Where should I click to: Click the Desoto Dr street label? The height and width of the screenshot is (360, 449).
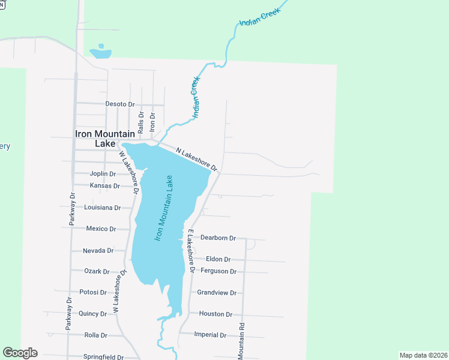[x=120, y=104]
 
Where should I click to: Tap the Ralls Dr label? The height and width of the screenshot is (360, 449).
[x=140, y=122]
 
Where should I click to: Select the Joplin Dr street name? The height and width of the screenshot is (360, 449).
[x=103, y=173]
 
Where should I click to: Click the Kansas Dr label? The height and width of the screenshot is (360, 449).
[x=104, y=185]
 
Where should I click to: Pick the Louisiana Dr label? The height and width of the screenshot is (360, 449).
[x=103, y=208]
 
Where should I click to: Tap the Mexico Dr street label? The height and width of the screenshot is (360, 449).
[x=101, y=229]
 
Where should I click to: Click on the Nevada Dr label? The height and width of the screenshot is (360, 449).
[x=98, y=250]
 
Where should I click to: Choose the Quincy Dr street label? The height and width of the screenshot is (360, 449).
[x=92, y=314]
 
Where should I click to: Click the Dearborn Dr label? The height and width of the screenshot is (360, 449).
[x=218, y=238]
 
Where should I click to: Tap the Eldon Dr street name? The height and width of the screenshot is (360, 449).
[x=218, y=259]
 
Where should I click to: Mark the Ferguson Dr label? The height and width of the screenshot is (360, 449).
[x=218, y=271]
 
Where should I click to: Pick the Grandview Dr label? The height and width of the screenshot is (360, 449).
[x=217, y=293]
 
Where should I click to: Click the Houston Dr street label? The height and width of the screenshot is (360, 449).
[x=215, y=314]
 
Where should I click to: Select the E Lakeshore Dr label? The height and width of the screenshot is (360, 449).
[x=190, y=251]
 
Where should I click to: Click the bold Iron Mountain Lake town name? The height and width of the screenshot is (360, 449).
[x=105, y=139]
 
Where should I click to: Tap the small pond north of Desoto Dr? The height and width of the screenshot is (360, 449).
[x=100, y=53]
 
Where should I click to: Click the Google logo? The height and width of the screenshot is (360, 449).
[x=20, y=353]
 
